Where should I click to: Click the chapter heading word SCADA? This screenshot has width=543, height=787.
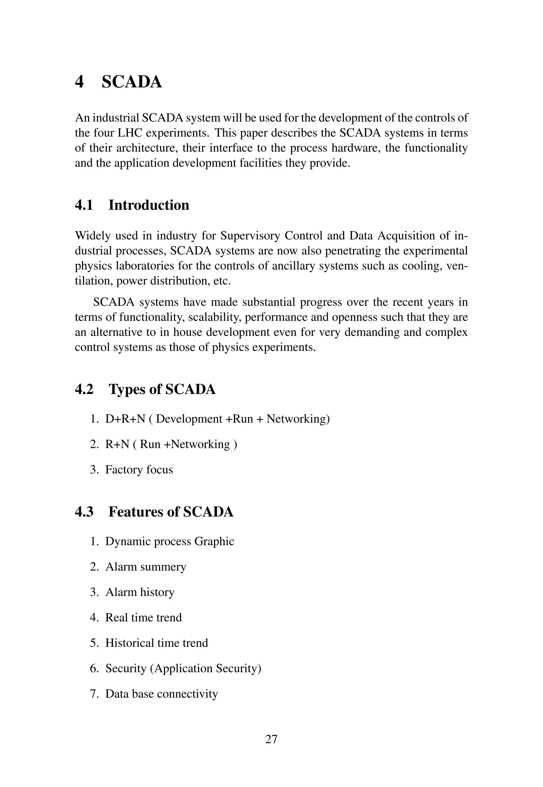tap(132, 82)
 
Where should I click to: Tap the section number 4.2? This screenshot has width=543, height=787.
tap(84, 390)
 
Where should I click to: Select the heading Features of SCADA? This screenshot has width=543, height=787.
tap(171, 512)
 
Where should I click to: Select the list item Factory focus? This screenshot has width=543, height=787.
tap(139, 470)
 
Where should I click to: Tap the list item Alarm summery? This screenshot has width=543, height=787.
tap(146, 567)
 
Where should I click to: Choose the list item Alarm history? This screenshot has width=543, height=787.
tap(140, 592)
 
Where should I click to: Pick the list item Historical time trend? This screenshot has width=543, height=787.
tap(156, 643)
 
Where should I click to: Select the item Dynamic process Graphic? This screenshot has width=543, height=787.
tap(169, 541)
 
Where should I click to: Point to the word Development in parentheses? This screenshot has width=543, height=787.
tap(189, 419)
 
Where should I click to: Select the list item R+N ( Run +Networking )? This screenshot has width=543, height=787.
tap(171, 444)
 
